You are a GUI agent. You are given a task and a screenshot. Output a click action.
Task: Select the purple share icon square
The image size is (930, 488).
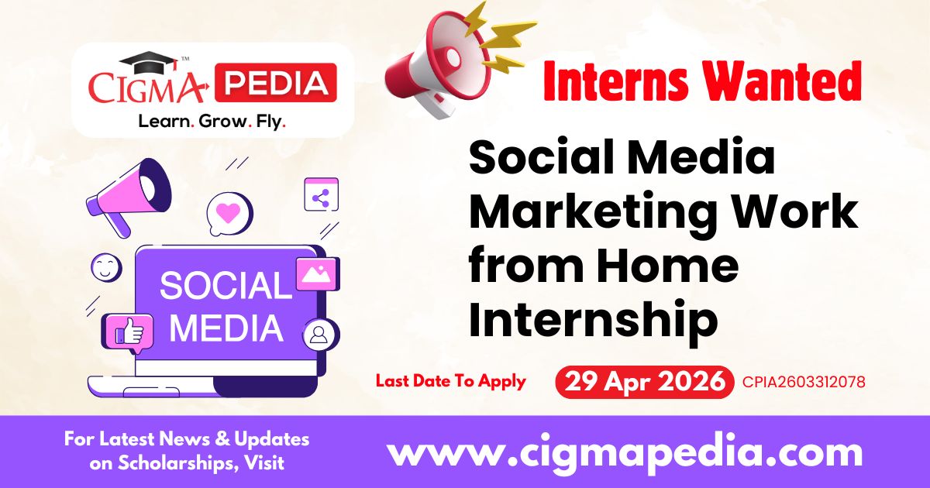[321, 197]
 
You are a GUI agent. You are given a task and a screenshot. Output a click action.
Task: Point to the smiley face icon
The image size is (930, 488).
[106, 267]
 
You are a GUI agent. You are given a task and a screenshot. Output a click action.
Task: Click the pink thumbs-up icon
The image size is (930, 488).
[129, 332]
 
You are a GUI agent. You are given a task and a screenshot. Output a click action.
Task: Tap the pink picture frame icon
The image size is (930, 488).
[316, 273]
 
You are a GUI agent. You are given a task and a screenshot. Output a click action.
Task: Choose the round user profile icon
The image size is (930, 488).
[318, 335]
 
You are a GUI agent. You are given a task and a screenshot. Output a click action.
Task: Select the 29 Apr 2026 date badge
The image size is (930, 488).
[644, 381]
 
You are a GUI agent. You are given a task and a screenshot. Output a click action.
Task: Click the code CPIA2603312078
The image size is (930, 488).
[804, 382]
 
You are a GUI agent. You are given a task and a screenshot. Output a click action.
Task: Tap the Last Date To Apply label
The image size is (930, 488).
[451, 381]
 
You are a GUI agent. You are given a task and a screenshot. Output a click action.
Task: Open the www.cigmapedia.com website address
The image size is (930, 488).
[624, 452]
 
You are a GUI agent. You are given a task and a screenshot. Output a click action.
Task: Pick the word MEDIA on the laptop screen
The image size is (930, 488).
[226, 328]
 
